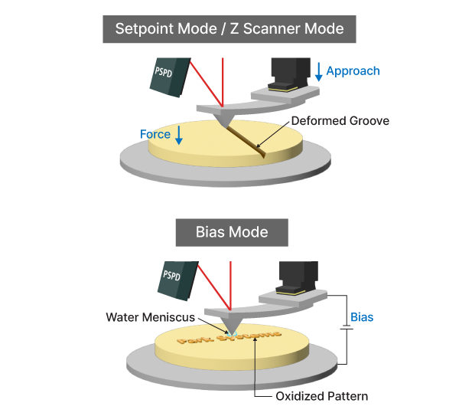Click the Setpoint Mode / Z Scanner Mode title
click(x=229, y=30)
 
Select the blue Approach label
click(x=353, y=71)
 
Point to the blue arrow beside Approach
click(x=318, y=73)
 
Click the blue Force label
click(x=155, y=134)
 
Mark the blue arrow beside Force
click(x=179, y=136)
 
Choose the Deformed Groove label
click(x=340, y=120)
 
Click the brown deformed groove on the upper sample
click(x=245, y=138)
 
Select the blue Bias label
click(x=362, y=316)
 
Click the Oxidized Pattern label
click(x=321, y=396)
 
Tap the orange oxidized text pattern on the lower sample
click(x=229, y=337)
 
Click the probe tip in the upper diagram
click(x=223, y=121)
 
